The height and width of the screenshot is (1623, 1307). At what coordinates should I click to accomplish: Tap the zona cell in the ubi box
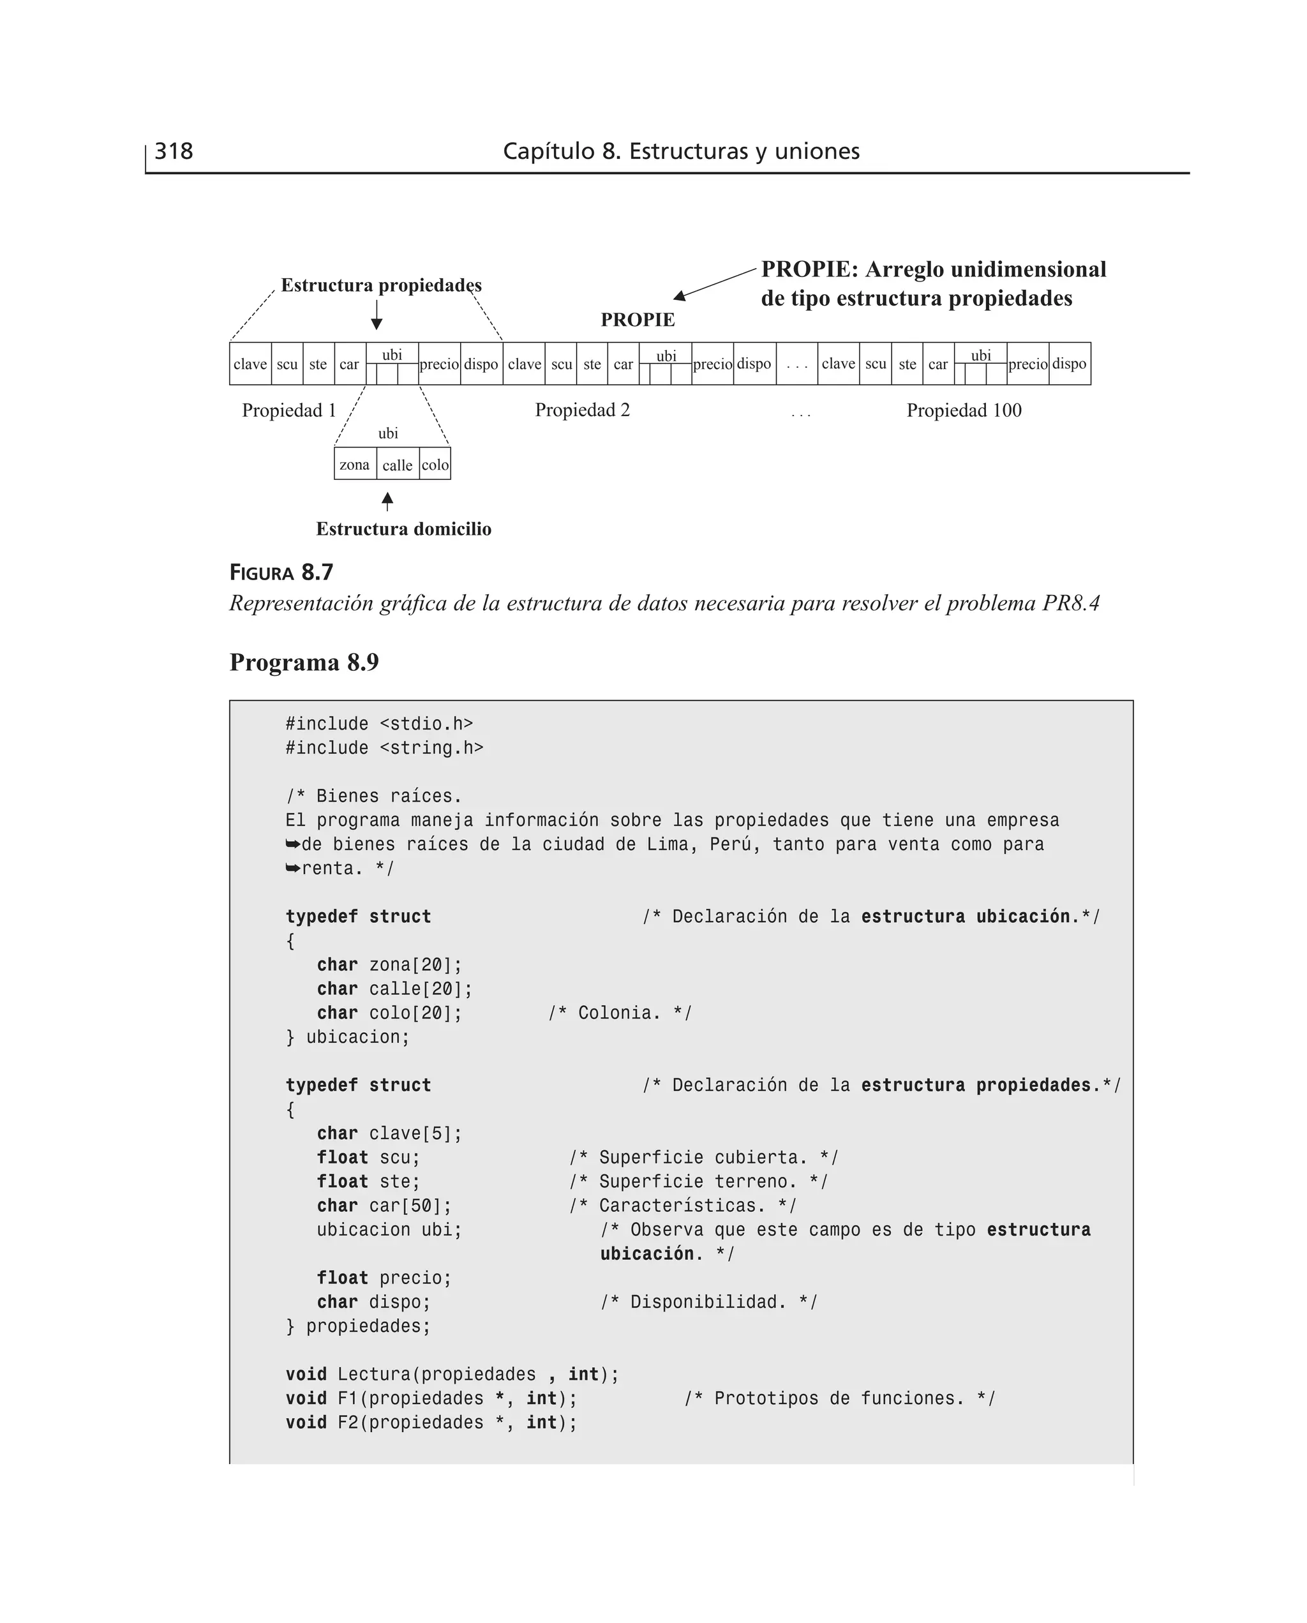click(x=355, y=465)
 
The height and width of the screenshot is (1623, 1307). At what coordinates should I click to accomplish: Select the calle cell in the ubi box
click(x=397, y=465)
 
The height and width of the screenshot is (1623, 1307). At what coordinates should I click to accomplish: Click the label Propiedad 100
click(x=964, y=410)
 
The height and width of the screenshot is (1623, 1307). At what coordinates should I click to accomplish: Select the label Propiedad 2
click(x=582, y=410)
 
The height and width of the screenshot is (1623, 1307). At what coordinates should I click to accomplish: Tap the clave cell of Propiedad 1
click(x=250, y=364)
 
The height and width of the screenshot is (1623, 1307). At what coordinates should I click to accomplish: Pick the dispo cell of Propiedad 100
click(x=1069, y=364)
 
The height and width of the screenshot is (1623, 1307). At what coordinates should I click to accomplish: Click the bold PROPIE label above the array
click(x=638, y=320)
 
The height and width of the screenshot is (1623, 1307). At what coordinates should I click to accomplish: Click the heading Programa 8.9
click(x=304, y=662)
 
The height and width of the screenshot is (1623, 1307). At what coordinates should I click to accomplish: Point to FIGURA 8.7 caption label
click(x=281, y=573)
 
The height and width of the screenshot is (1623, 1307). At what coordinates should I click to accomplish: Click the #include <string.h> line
click(x=384, y=747)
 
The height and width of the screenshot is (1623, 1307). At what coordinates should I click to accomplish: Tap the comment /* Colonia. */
click(x=620, y=1012)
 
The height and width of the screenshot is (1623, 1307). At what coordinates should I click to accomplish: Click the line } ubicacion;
click(x=347, y=1036)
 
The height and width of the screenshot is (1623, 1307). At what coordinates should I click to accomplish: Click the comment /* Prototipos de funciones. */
click(x=839, y=1398)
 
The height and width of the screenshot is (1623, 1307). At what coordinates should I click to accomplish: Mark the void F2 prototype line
click(x=431, y=1422)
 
